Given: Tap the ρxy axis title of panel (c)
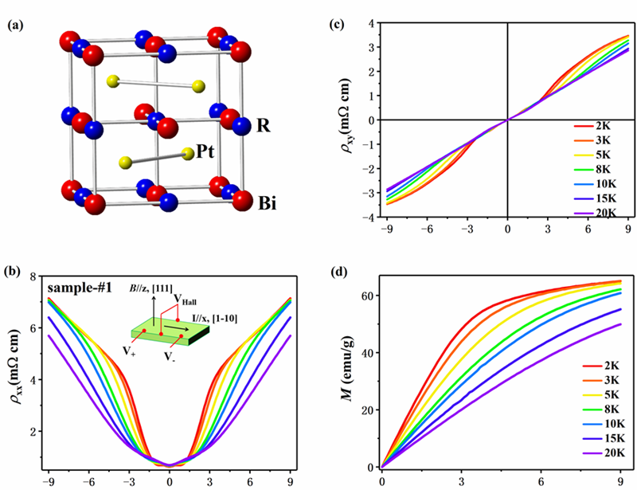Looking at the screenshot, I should pos(350,120).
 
